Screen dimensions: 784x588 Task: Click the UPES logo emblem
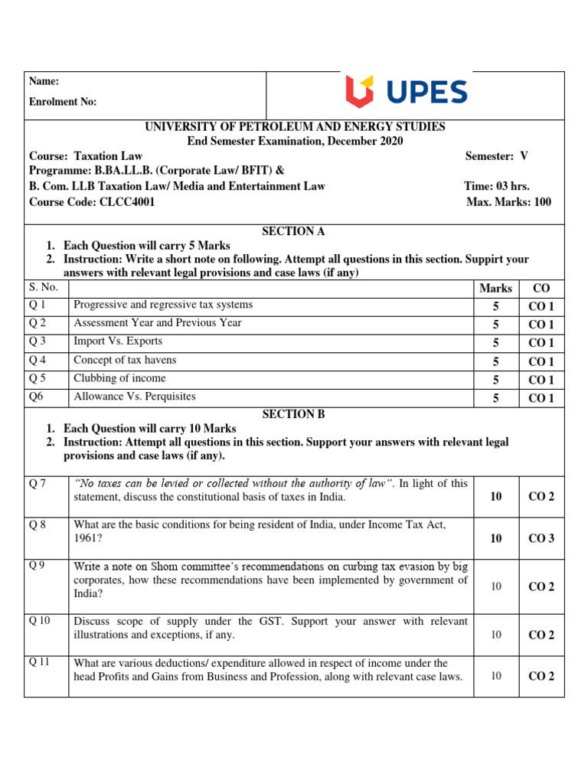click(x=360, y=92)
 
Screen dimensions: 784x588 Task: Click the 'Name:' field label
click(x=44, y=81)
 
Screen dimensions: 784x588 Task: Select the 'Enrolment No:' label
click(x=63, y=102)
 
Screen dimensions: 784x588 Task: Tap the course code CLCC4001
click(x=126, y=202)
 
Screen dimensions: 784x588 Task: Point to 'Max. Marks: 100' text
click(x=508, y=202)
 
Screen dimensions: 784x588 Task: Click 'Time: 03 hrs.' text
click(x=496, y=186)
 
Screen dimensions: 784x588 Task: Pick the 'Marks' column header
click(x=495, y=289)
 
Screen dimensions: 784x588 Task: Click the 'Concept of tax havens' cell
click(x=125, y=360)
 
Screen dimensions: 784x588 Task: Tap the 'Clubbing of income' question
click(x=119, y=378)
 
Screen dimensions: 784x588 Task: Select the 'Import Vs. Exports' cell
click(x=118, y=341)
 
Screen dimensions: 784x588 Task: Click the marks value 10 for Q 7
click(x=495, y=496)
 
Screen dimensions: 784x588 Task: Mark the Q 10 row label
click(x=40, y=620)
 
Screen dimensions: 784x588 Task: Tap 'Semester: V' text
click(x=496, y=155)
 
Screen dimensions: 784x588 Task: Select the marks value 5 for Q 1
click(x=495, y=306)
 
